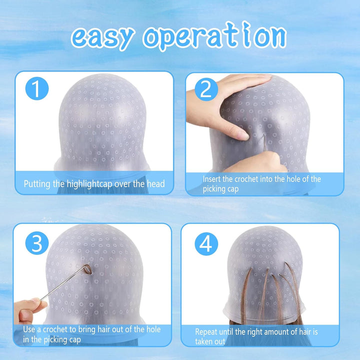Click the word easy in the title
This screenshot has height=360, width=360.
(102, 38)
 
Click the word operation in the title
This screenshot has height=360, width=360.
(214, 36)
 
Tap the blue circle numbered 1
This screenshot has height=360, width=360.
(37, 88)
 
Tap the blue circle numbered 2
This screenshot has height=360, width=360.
(206, 89)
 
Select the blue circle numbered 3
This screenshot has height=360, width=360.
(37, 243)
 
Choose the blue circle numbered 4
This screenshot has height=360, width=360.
(206, 244)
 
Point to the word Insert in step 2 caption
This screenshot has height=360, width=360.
(211, 179)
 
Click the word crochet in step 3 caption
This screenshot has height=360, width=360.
(56, 329)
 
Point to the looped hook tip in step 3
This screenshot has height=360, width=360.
(87, 269)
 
